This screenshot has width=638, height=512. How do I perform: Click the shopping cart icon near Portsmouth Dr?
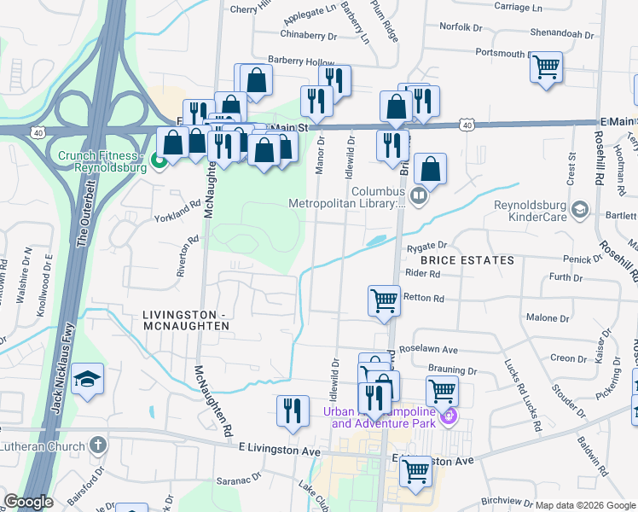click(546, 66)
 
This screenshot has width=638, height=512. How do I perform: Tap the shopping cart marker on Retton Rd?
click(385, 300)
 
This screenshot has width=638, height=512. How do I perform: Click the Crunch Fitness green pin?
click(158, 160)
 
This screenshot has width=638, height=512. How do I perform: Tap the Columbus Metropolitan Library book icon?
click(418, 196)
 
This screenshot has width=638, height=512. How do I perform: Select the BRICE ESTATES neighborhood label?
click(466, 259)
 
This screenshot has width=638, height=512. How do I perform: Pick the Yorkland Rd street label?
click(176, 216)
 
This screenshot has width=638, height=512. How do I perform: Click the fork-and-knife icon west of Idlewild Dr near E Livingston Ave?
click(293, 410)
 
